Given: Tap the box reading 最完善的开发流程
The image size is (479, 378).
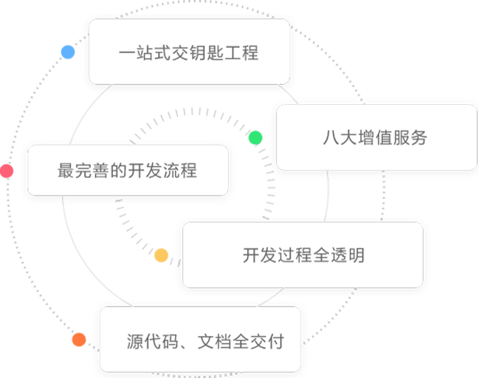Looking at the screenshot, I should [127, 171].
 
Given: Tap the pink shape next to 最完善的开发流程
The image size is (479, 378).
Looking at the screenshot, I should [7, 171].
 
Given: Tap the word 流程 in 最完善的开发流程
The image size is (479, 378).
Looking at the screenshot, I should [179, 171].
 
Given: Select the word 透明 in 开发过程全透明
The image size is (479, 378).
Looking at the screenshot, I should [346, 255].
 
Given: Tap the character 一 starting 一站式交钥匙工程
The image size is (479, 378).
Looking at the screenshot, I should [127, 52].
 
